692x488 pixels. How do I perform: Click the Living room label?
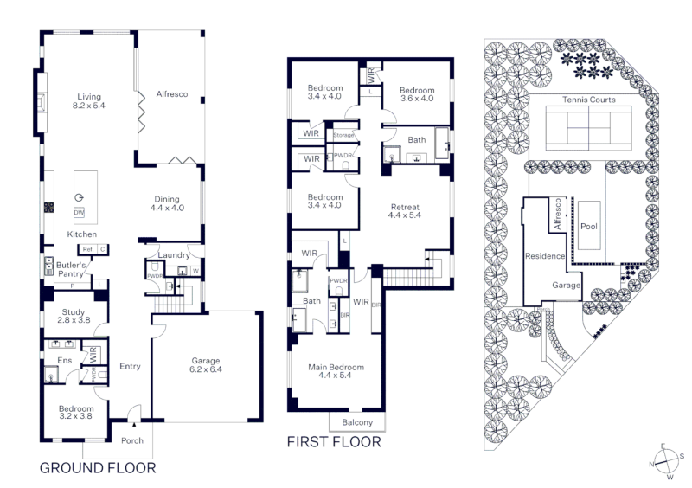click(x=89, y=101)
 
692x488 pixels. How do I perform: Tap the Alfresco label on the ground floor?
click(x=172, y=94)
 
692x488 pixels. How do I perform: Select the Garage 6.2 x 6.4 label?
click(x=206, y=365)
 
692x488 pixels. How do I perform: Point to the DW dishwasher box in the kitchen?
click(x=79, y=213)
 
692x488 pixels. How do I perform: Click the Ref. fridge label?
click(x=88, y=249)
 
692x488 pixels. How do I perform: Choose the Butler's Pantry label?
click(x=71, y=269)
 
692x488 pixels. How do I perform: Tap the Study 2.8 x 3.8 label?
click(x=74, y=316)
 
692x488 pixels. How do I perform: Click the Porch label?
click(x=132, y=440)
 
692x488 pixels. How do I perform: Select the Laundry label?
click(x=174, y=255)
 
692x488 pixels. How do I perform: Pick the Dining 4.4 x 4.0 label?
click(x=167, y=203)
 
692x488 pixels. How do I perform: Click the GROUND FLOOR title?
click(x=98, y=468)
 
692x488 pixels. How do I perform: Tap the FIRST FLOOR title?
click(x=334, y=441)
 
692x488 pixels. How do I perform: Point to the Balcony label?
click(x=357, y=422)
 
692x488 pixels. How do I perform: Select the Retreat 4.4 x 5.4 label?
click(x=405, y=211)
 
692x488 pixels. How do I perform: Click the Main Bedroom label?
click(x=336, y=371)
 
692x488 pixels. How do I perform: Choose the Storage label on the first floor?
click(x=343, y=135)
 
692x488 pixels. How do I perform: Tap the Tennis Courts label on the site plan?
click(x=589, y=100)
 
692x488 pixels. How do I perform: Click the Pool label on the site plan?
click(x=589, y=227)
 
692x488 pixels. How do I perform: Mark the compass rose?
click(x=666, y=461)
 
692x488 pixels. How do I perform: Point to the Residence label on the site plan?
click(x=545, y=256)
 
